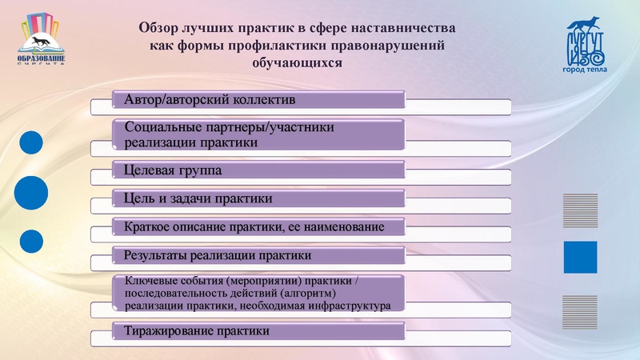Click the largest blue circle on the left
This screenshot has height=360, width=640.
tap(32, 193)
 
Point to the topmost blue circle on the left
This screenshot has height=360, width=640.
tap(30, 142)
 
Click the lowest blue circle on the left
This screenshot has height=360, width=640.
tap(31, 241)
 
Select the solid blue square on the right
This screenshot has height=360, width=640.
tap(581, 258)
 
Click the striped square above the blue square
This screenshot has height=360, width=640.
tap(581, 210)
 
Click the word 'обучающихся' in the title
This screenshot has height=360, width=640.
tap(297, 62)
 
